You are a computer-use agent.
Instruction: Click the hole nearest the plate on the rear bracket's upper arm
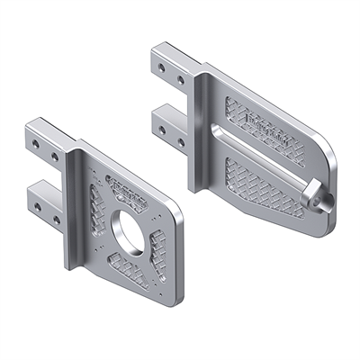[x=181, y=80]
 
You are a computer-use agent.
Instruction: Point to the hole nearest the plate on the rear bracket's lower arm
[x=181, y=142]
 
